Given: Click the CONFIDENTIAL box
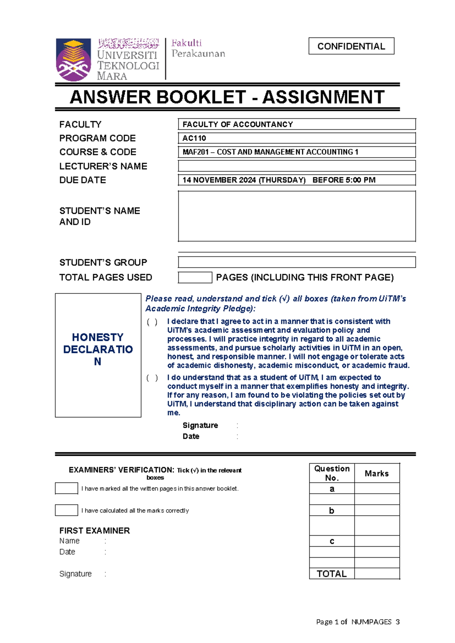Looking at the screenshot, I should coord(351,46).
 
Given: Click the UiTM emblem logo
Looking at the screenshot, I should coord(74,60).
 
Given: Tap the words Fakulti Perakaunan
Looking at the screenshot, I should coord(198,48).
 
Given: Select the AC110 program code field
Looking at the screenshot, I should coord(297,138).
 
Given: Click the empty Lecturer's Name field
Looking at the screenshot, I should coord(297,166).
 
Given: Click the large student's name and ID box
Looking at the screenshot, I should coord(297,216).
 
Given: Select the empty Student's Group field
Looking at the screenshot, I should coord(297,262).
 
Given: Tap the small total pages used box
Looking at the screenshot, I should coord(195,277).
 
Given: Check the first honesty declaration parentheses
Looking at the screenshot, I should coord(152,322).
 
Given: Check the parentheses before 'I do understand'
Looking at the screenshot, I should coord(152,378).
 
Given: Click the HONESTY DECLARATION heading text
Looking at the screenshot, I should coord(98,349).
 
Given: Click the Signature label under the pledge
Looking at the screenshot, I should coord(200,425).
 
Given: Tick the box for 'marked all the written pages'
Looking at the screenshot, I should coord(66,488).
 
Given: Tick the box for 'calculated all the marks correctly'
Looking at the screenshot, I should coord(66,510).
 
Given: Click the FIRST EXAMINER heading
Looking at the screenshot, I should coord(94,530).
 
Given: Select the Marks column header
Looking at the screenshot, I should coord(377,473).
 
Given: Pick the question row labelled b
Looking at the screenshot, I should coord(332,510).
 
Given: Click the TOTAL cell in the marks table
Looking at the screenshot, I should coord(332,573).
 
